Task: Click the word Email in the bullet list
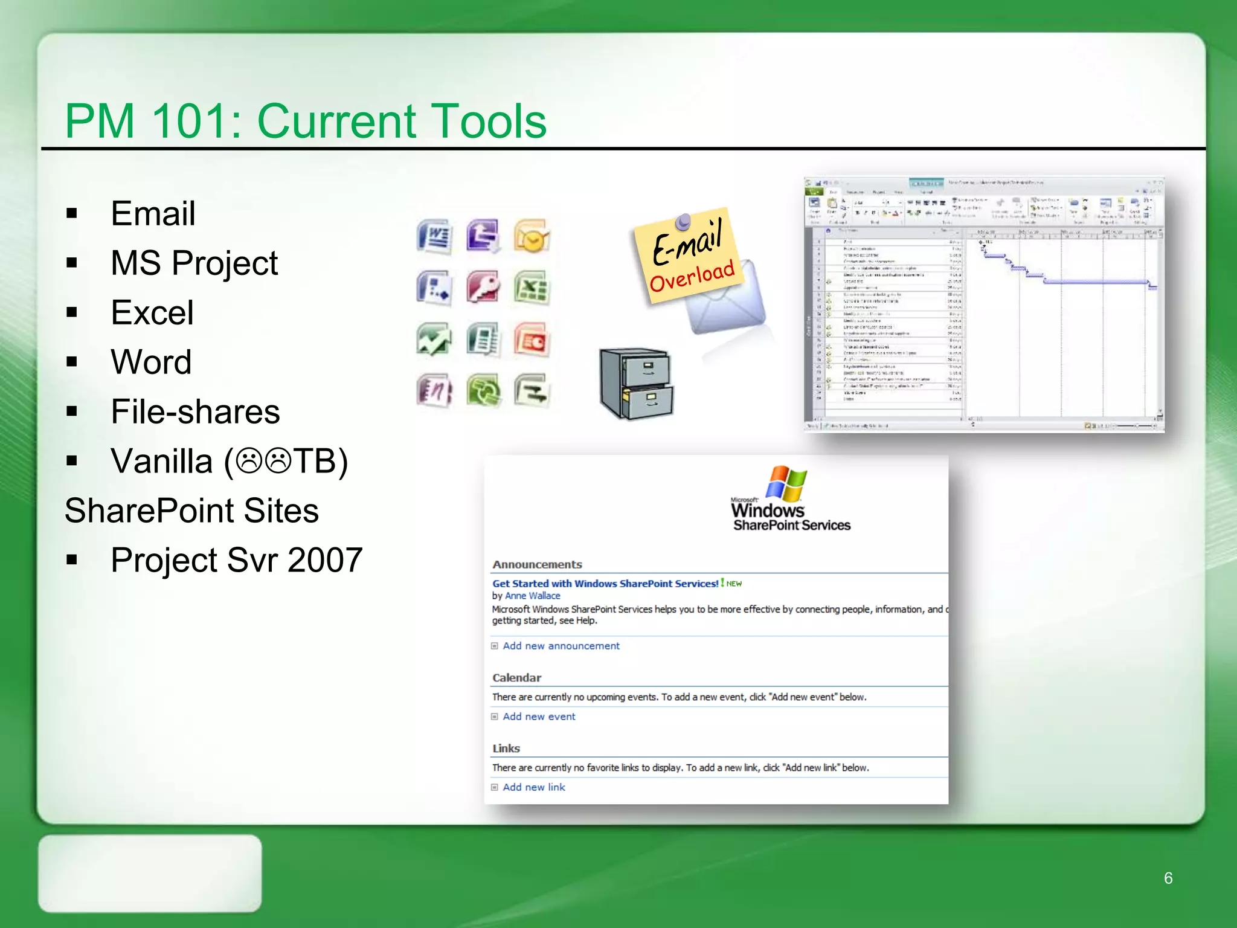(x=153, y=214)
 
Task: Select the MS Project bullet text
(x=194, y=263)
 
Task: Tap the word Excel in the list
(x=152, y=313)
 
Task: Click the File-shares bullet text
(x=195, y=412)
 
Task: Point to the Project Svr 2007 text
(x=236, y=560)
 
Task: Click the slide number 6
(x=1168, y=878)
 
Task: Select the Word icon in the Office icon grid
(x=434, y=236)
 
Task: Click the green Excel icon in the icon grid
(x=532, y=288)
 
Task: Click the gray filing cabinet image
(x=636, y=383)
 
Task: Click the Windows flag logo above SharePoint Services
(x=786, y=483)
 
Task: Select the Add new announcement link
(x=561, y=646)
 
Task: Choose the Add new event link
(x=539, y=717)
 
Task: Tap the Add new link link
(x=534, y=787)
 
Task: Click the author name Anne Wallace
(x=532, y=596)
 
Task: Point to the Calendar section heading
(x=516, y=678)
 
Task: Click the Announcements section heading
(x=537, y=564)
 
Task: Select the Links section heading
(x=506, y=749)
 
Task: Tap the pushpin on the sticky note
(x=683, y=222)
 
